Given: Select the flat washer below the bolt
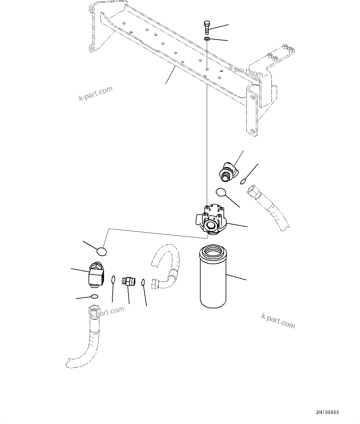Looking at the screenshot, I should [207, 39].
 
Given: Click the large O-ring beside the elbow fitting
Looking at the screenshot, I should [221, 192].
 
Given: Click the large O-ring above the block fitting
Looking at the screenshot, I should [102, 252].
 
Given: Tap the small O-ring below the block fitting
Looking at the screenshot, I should [94, 297].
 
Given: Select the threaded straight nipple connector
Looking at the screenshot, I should [128, 281].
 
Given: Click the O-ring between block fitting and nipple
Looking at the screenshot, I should [113, 280].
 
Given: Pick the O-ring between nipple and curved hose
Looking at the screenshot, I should [143, 282].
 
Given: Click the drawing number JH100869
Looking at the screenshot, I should [327, 413].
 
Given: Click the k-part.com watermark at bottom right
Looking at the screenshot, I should [278, 320].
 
